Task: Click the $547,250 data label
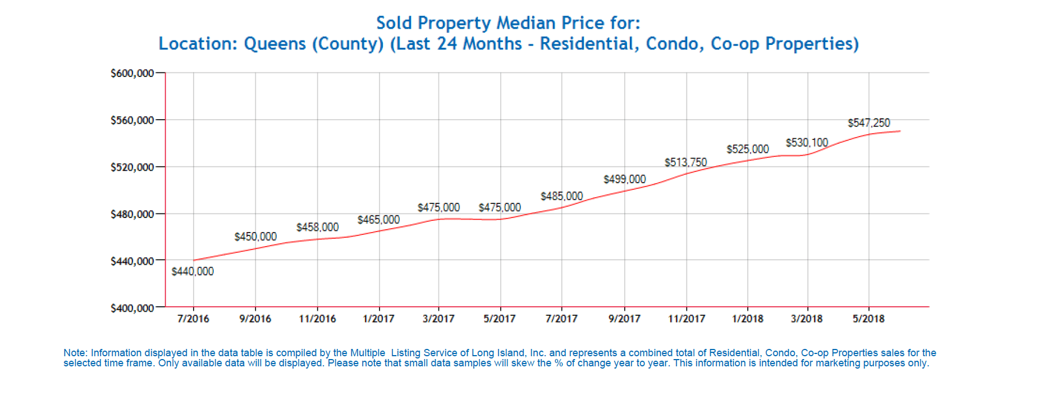click(868, 123)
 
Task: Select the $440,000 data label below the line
click(193, 272)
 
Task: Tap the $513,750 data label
click(685, 163)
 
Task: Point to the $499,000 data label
click(624, 180)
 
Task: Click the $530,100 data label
click(807, 143)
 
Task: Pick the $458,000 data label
click(317, 228)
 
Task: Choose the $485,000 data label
click(561, 197)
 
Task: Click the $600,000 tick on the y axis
click(132, 74)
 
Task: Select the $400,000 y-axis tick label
click(132, 308)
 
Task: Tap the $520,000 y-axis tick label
click(132, 167)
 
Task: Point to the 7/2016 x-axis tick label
click(193, 319)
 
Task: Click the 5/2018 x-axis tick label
click(868, 319)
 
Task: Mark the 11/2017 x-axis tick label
click(686, 319)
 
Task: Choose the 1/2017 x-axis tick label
click(378, 319)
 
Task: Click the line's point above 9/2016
click(255, 249)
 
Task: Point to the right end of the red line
click(900, 131)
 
